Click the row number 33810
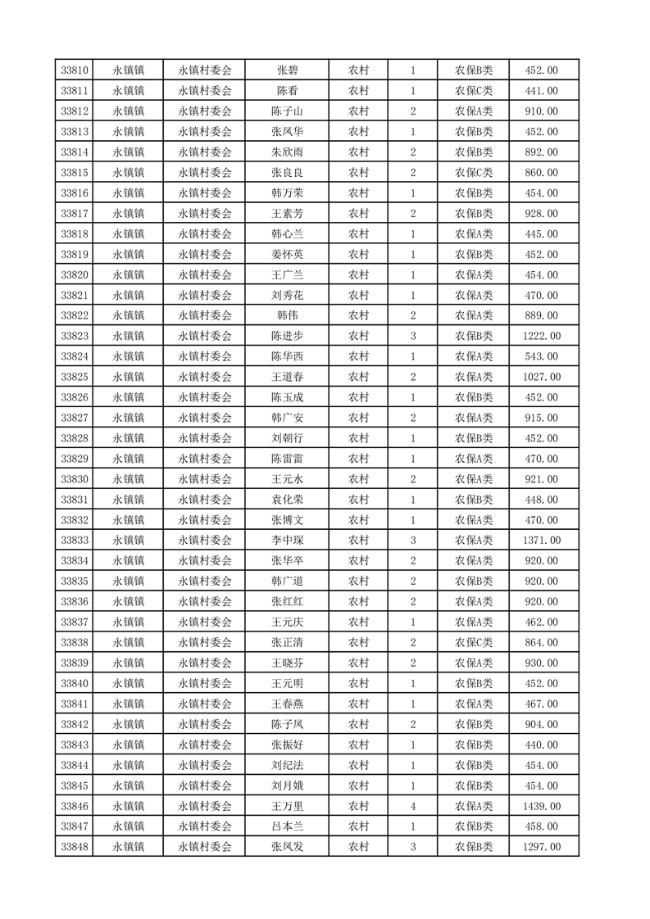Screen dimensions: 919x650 (x=75, y=70)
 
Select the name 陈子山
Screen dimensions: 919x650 (x=287, y=111)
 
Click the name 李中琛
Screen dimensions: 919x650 (x=287, y=541)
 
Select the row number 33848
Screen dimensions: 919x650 (x=75, y=848)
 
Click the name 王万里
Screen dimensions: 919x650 (x=287, y=807)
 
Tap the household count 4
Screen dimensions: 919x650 (x=412, y=807)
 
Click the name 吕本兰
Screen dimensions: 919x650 (x=287, y=827)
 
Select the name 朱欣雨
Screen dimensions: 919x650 (x=287, y=152)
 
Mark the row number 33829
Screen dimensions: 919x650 (x=75, y=459)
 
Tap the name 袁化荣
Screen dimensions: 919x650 (x=287, y=500)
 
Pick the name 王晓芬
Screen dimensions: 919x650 (x=287, y=663)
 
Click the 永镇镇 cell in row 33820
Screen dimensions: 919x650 (x=129, y=275)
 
